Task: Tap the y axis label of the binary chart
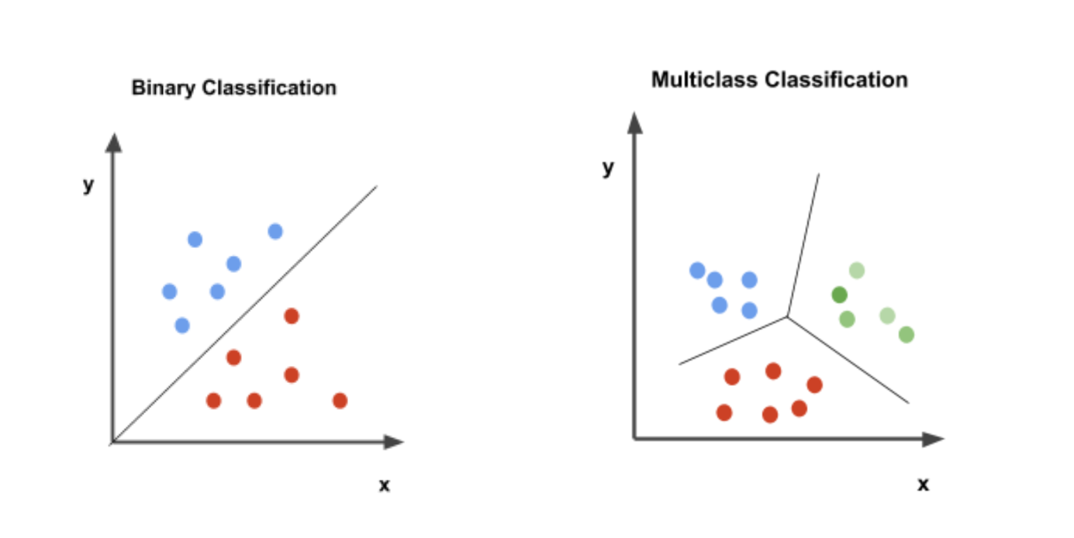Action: (88, 185)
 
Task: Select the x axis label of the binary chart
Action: (384, 485)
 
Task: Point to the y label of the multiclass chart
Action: (608, 167)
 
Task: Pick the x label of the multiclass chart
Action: (923, 485)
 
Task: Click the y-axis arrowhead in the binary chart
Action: (114, 143)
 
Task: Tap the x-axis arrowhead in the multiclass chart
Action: (933, 440)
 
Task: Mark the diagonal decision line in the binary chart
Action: (244, 315)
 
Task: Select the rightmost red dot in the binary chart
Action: (340, 400)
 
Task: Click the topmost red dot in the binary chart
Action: (292, 316)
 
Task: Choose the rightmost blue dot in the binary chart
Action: (275, 232)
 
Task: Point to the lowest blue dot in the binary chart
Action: (182, 326)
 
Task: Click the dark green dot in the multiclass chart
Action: (839, 295)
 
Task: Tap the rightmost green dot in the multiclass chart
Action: (907, 334)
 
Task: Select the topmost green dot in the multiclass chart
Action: (857, 271)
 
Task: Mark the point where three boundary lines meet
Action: (787, 316)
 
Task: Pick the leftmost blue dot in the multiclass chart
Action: (697, 271)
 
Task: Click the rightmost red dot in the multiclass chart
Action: (814, 385)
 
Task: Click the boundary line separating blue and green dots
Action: (803, 245)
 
